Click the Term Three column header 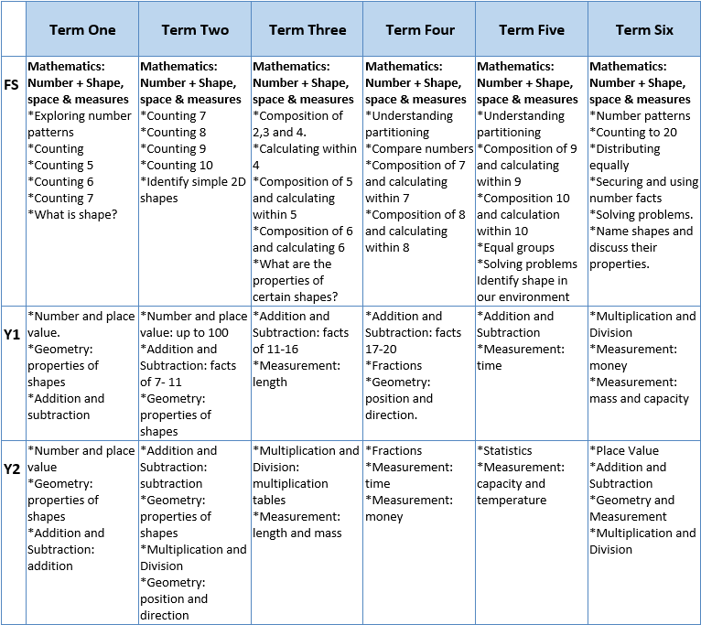point(307,29)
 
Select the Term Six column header point(644,29)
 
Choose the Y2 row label point(13,469)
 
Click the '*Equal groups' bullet point(515,248)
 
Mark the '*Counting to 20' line point(633,133)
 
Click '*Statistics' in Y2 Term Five point(504,451)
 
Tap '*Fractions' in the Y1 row point(394,366)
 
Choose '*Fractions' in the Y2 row point(394,451)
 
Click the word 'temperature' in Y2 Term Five point(512,501)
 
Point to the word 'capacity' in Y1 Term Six point(663,399)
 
